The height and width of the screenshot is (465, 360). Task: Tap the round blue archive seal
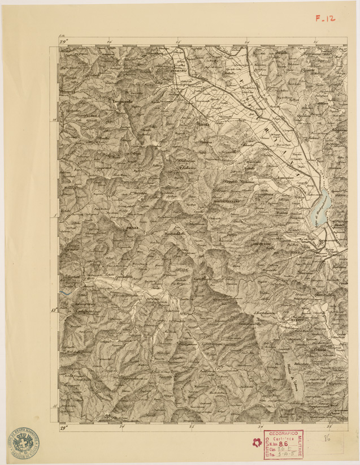tap(22, 441)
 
